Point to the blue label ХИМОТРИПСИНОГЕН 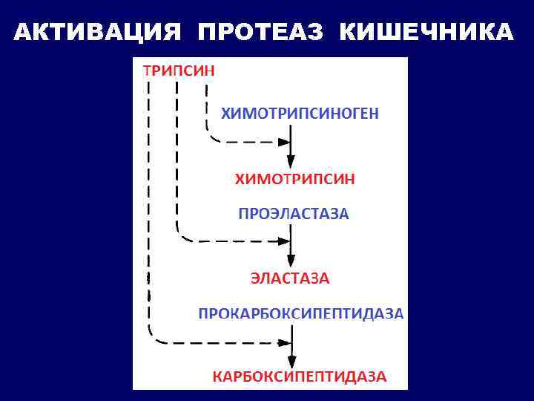[300, 113]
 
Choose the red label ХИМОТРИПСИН [294, 179]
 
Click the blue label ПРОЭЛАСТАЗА [293, 214]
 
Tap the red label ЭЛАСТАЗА [290, 279]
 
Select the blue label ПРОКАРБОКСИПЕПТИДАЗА [300, 313]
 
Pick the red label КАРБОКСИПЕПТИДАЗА [300, 376]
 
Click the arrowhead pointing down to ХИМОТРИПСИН [291, 161]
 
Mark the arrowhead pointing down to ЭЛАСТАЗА [291, 262]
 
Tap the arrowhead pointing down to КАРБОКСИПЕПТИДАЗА [291, 359]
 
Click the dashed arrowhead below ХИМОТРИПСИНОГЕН [284, 141]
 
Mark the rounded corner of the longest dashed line [154, 336]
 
